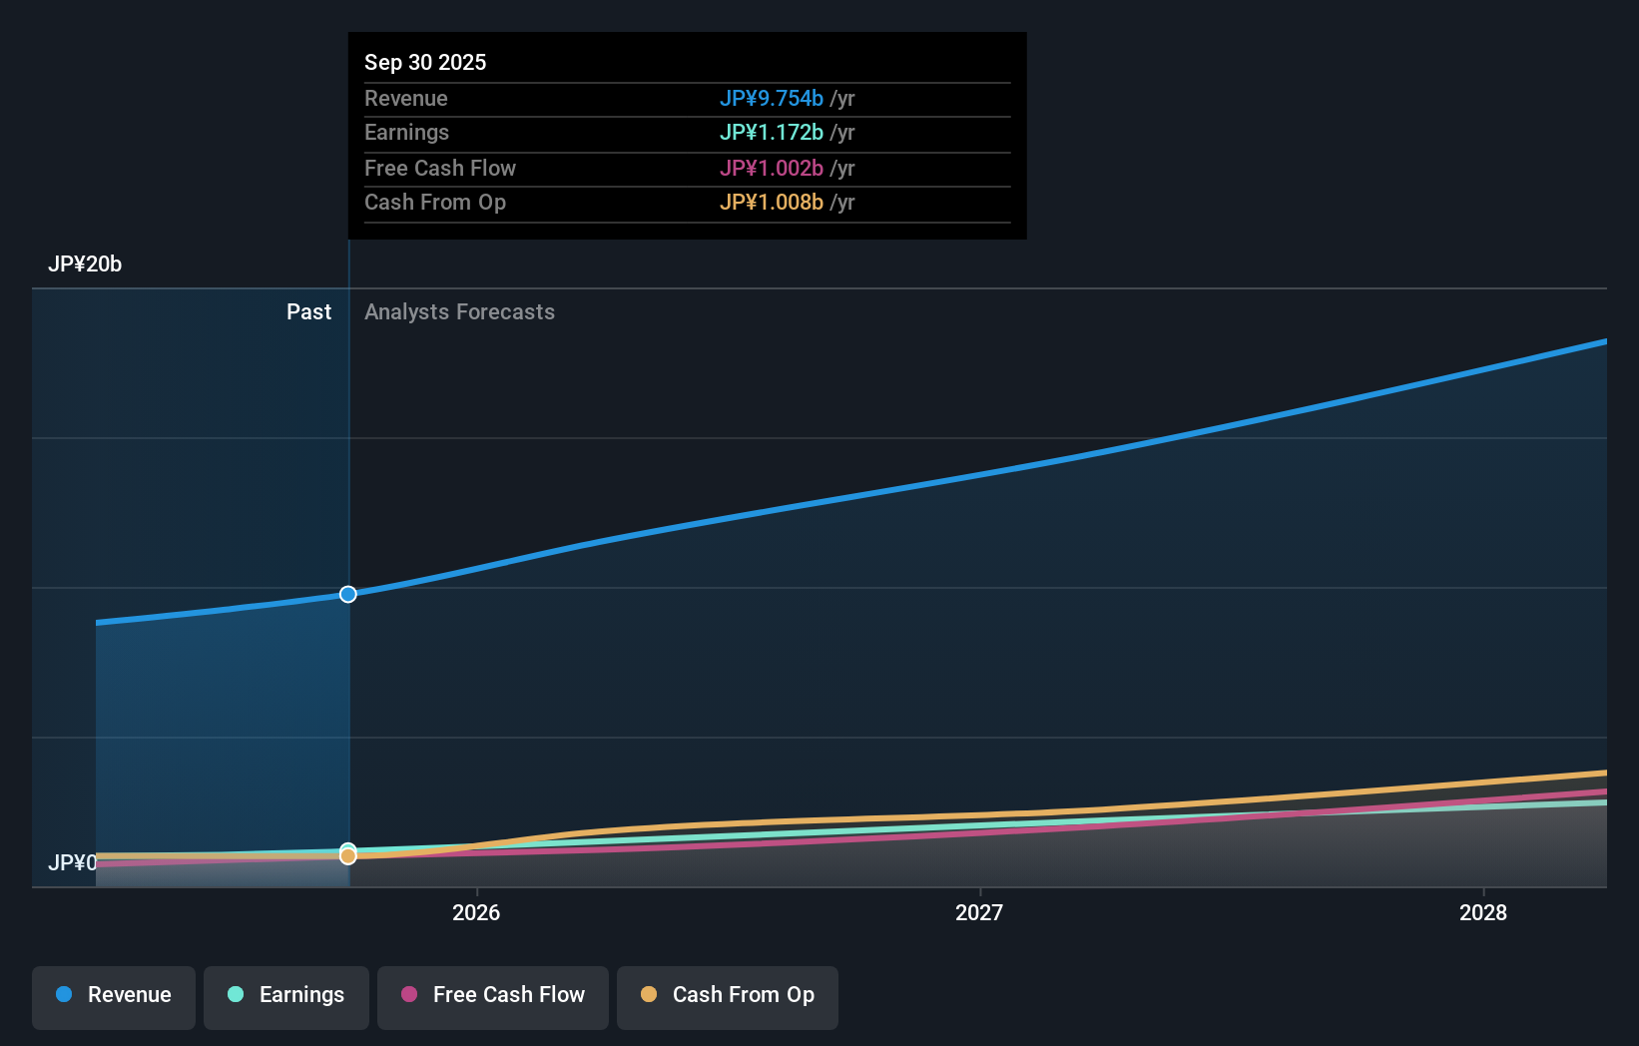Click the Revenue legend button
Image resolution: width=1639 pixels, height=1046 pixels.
click(114, 995)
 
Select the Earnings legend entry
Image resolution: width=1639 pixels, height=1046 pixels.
click(286, 995)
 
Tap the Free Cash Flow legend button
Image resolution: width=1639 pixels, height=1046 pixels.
click(493, 995)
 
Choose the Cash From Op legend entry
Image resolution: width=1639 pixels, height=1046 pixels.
click(728, 995)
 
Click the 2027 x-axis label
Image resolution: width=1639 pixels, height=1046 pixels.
click(979, 912)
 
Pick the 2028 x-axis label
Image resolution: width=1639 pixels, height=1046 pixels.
click(1483, 912)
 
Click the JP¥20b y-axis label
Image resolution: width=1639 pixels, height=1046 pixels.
click(85, 264)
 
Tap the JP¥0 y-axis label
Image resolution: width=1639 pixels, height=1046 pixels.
click(72, 862)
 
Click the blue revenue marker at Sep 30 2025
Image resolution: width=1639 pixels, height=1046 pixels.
click(348, 594)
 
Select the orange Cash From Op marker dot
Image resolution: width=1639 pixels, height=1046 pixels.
click(348, 856)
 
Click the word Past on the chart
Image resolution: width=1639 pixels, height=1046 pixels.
click(308, 312)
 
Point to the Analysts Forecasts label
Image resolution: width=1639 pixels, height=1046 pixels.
click(459, 312)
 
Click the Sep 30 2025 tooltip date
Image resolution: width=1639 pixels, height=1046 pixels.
click(425, 63)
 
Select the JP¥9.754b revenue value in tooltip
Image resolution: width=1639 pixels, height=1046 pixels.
click(771, 99)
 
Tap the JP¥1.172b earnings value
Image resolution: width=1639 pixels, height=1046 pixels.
click(771, 133)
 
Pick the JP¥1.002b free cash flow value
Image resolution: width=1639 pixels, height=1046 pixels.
click(771, 169)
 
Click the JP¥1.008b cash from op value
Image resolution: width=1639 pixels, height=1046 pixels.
click(771, 203)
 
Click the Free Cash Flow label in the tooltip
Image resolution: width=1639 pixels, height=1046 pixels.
click(440, 169)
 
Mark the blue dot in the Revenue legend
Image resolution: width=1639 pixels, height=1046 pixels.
click(64, 994)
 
